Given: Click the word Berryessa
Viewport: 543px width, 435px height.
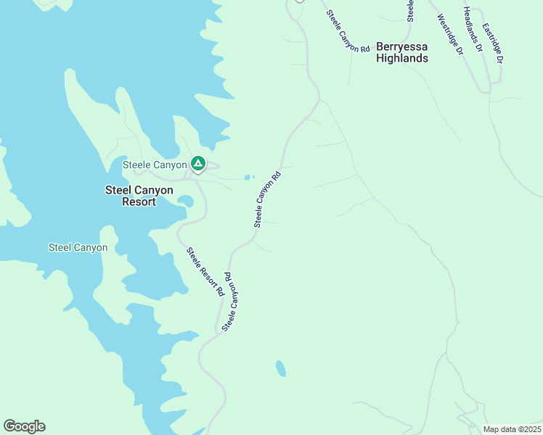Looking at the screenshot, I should (x=401, y=47).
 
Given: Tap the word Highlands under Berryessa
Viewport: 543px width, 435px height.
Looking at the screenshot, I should (x=401, y=58).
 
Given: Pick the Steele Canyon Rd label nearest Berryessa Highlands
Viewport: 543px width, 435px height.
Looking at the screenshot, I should (x=348, y=30).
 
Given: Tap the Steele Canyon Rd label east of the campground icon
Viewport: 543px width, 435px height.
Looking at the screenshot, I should (x=267, y=199).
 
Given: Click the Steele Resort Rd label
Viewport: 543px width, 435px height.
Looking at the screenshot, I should (x=205, y=273).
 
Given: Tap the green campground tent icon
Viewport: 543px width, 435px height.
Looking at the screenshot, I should (x=197, y=164).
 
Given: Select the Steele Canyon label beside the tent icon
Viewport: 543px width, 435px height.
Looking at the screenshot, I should (x=155, y=165).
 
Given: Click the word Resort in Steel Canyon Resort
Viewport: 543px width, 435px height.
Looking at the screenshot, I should (x=139, y=202).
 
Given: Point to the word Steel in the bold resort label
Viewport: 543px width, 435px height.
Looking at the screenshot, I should (x=119, y=190).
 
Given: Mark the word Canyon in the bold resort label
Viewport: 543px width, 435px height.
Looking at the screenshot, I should (x=156, y=190).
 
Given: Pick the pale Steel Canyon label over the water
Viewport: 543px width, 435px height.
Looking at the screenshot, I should (x=78, y=247).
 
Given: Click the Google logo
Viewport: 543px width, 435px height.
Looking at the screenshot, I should (x=24, y=426).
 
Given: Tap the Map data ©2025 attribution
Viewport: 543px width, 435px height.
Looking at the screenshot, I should (x=512, y=429).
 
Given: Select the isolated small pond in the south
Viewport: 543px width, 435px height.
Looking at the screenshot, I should (x=280, y=368).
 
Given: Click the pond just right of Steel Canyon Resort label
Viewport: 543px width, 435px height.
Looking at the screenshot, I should (x=185, y=200).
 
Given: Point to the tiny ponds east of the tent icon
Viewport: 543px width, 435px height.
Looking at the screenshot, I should (x=249, y=177).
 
